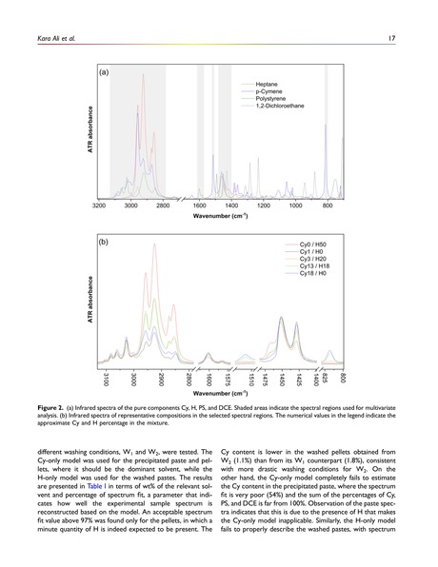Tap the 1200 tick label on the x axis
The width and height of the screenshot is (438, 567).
263,205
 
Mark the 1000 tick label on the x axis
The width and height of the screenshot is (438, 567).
295,205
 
